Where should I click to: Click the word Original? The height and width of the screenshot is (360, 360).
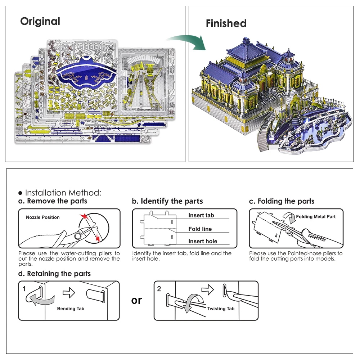click(x=40, y=22)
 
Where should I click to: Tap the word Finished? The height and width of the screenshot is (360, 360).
click(x=226, y=24)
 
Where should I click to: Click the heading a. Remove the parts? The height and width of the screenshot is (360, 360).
click(x=53, y=201)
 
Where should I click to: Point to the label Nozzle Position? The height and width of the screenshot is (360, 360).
click(x=43, y=217)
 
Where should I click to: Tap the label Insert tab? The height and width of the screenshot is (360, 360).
click(x=201, y=215)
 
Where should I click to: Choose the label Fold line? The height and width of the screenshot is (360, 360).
click(x=200, y=229)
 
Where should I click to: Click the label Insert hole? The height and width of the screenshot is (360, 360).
click(x=203, y=242)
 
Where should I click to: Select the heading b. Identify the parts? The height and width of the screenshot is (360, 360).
click(x=167, y=201)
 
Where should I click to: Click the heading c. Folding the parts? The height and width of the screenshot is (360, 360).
click(x=282, y=201)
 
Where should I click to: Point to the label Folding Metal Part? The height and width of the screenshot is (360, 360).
click(x=316, y=217)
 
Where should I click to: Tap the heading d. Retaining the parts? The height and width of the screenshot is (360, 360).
click(x=54, y=274)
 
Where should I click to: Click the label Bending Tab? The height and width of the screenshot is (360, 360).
click(x=71, y=309)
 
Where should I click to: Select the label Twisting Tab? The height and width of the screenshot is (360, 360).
click(x=221, y=309)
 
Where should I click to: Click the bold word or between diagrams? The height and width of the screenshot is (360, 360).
click(x=137, y=300)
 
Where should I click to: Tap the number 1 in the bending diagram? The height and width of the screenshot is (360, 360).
click(x=24, y=289)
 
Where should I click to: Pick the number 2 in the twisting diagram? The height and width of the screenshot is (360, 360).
click(x=159, y=289)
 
